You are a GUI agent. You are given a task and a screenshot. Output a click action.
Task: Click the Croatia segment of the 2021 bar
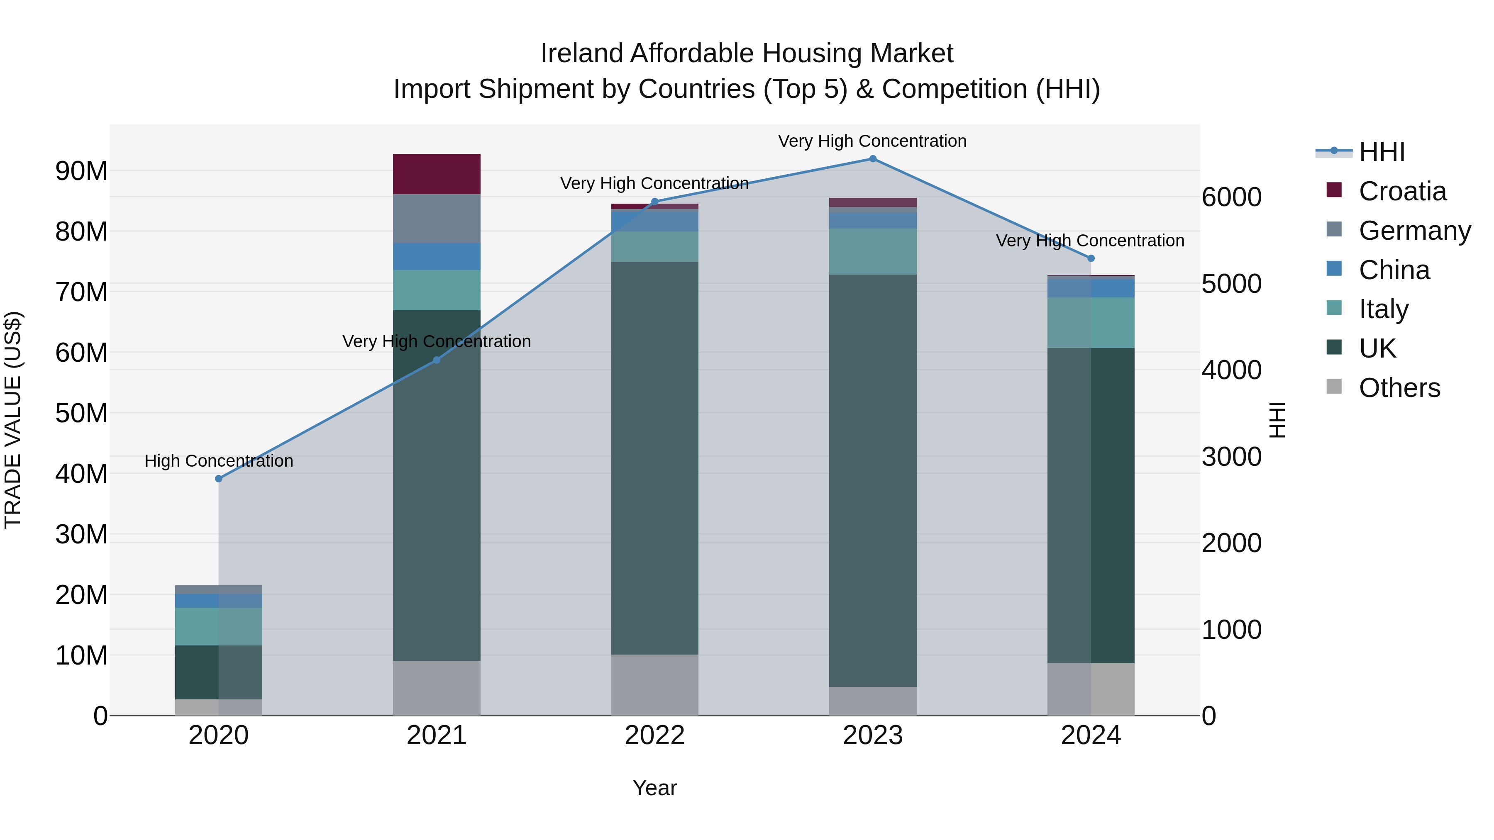click(x=436, y=174)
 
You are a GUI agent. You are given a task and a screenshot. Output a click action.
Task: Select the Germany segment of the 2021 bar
click(x=436, y=219)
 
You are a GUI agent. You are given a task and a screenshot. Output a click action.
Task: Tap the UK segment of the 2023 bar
click(x=872, y=481)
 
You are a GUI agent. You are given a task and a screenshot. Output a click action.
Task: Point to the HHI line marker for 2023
click(x=872, y=159)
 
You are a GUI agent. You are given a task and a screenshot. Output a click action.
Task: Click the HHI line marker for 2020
click(x=219, y=479)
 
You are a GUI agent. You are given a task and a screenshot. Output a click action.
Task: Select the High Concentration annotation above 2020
click(x=219, y=461)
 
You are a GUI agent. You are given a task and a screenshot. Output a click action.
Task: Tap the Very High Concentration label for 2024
click(x=1090, y=241)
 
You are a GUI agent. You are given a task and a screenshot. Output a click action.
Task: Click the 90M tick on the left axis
click(x=81, y=171)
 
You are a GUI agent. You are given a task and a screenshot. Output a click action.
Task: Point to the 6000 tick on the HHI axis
click(x=1231, y=197)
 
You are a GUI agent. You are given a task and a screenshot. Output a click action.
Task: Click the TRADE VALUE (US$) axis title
click(x=13, y=420)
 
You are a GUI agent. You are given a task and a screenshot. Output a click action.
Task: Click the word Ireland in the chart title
click(x=582, y=54)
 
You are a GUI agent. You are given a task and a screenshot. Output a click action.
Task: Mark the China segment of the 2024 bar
click(x=1090, y=288)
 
